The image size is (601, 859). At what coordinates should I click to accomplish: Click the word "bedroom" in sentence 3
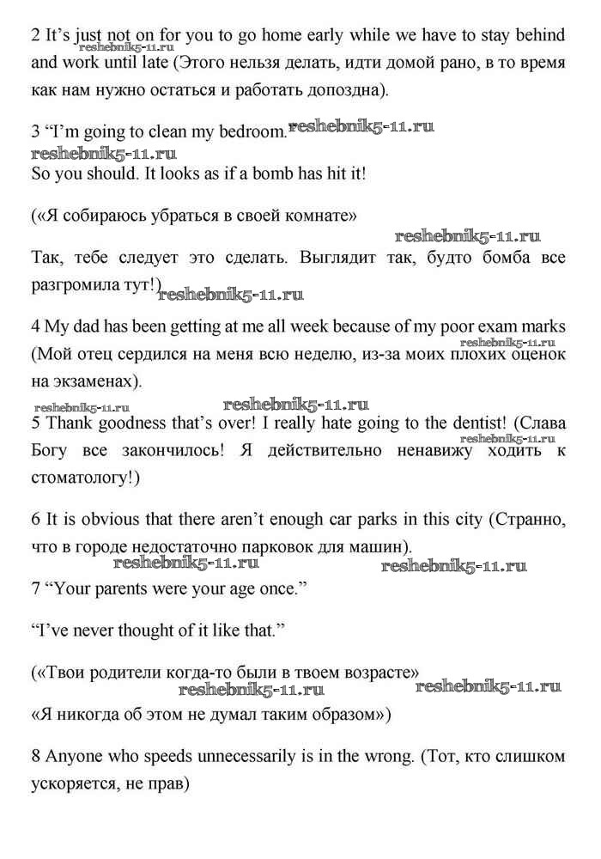[x=249, y=132]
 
